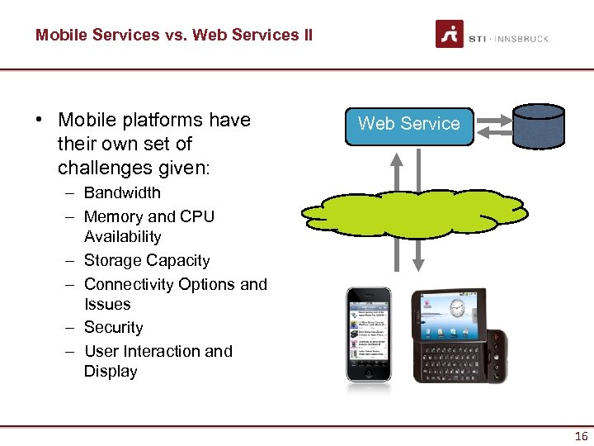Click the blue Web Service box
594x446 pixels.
coord(408,124)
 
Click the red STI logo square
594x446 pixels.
coord(450,34)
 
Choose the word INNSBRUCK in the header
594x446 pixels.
coord(523,39)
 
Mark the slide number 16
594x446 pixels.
coord(580,436)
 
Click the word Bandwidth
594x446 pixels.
coord(122,192)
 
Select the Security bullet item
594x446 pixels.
coord(113,327)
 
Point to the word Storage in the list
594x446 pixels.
coord(112,260)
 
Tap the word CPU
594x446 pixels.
coord(198,216)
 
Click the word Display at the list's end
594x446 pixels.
coord(111,371)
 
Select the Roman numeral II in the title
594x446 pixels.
coord(306,35)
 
